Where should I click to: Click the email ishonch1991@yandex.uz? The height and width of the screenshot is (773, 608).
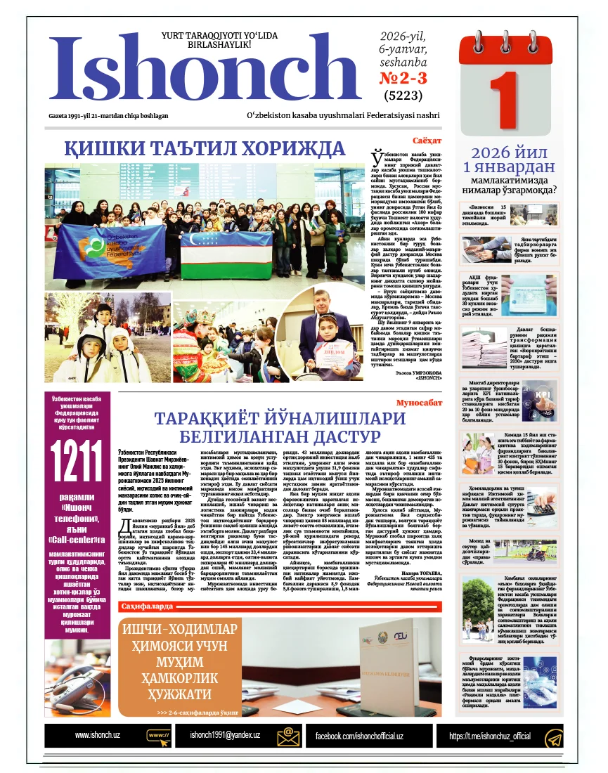[225, 735]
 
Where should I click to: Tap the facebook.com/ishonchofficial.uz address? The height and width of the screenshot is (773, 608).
[358, 736]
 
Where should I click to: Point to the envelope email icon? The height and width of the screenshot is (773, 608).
[289, 736]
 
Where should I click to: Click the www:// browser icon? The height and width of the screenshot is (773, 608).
[159, 736]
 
